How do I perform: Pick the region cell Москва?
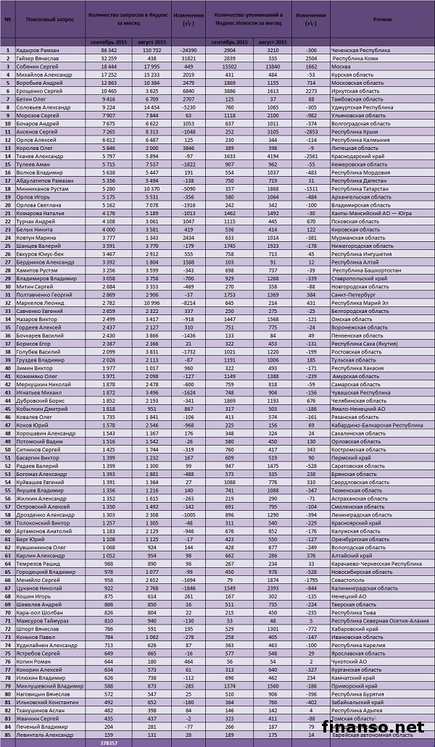[341, 65]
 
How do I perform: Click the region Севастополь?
[346, 579]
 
